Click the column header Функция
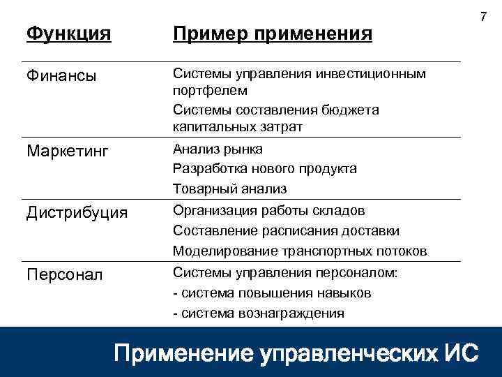click(x=68, y=34)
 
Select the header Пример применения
click(x=272, y=34)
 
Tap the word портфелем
click(x=210, y=91)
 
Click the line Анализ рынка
click(x=218, y=149)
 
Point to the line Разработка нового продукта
click(x=264, y=169)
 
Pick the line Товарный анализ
click(x=229, y=189)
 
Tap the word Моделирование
click(x=218, y=251)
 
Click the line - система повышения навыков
click(x=272, y=293)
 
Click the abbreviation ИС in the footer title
click(x=461, y=352)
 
